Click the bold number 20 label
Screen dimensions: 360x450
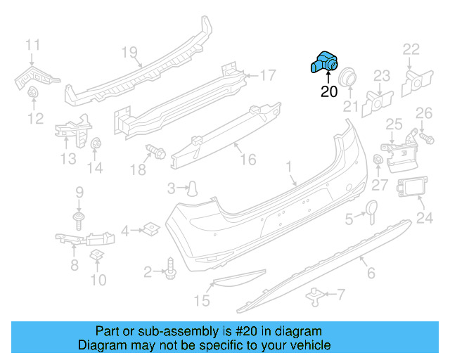click(x=329, y=91)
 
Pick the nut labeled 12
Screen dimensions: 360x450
click(x=32, y=92)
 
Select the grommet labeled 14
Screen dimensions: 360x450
click(x=96, y=144)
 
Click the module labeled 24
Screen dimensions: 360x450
click(x=409, y=190)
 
